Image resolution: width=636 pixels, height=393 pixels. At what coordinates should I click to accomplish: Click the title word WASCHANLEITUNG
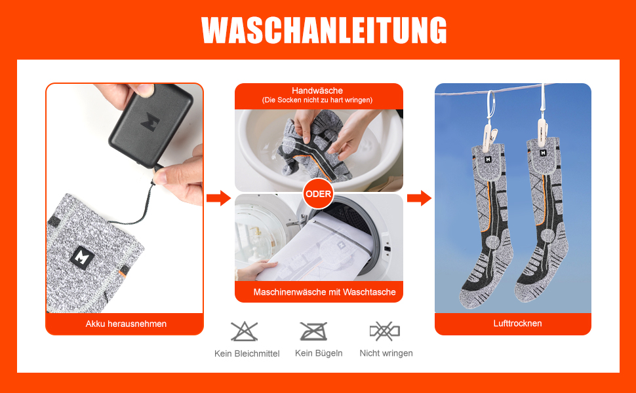(324, 30)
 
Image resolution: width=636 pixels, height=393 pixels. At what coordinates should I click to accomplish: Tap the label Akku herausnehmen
(126, 324)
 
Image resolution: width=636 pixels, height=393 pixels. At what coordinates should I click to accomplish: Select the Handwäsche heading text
(317, 91)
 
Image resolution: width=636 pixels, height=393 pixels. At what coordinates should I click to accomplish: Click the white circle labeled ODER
(319, 194)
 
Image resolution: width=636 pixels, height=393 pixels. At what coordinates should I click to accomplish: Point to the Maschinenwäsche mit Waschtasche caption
(325, 292)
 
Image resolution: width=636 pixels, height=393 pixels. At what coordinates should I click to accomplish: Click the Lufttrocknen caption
(517, 324)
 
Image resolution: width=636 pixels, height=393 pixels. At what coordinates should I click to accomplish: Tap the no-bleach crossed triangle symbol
(244, 331)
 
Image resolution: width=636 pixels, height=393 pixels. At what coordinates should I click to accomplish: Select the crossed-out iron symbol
(313, 331)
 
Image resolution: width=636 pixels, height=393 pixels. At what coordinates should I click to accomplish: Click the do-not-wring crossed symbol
(384, 331)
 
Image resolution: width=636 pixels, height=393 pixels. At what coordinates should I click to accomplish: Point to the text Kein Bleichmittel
(247, 354)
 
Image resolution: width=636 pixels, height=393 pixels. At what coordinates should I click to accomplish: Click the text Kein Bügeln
(319, 353)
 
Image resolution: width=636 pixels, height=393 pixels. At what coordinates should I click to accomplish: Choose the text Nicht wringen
(386, 353)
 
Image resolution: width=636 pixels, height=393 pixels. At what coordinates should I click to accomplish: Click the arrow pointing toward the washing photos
(218, 198)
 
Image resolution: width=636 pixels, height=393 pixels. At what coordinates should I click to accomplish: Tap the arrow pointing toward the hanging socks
(420, 198)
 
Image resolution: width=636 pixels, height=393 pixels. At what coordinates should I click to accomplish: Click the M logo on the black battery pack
(150, 122)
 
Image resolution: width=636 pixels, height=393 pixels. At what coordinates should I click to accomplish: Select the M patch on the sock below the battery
(83, 257)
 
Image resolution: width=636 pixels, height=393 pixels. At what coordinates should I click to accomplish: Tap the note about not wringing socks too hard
(317, 100)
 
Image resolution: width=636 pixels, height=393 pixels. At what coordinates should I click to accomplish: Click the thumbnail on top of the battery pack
(145, 90)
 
